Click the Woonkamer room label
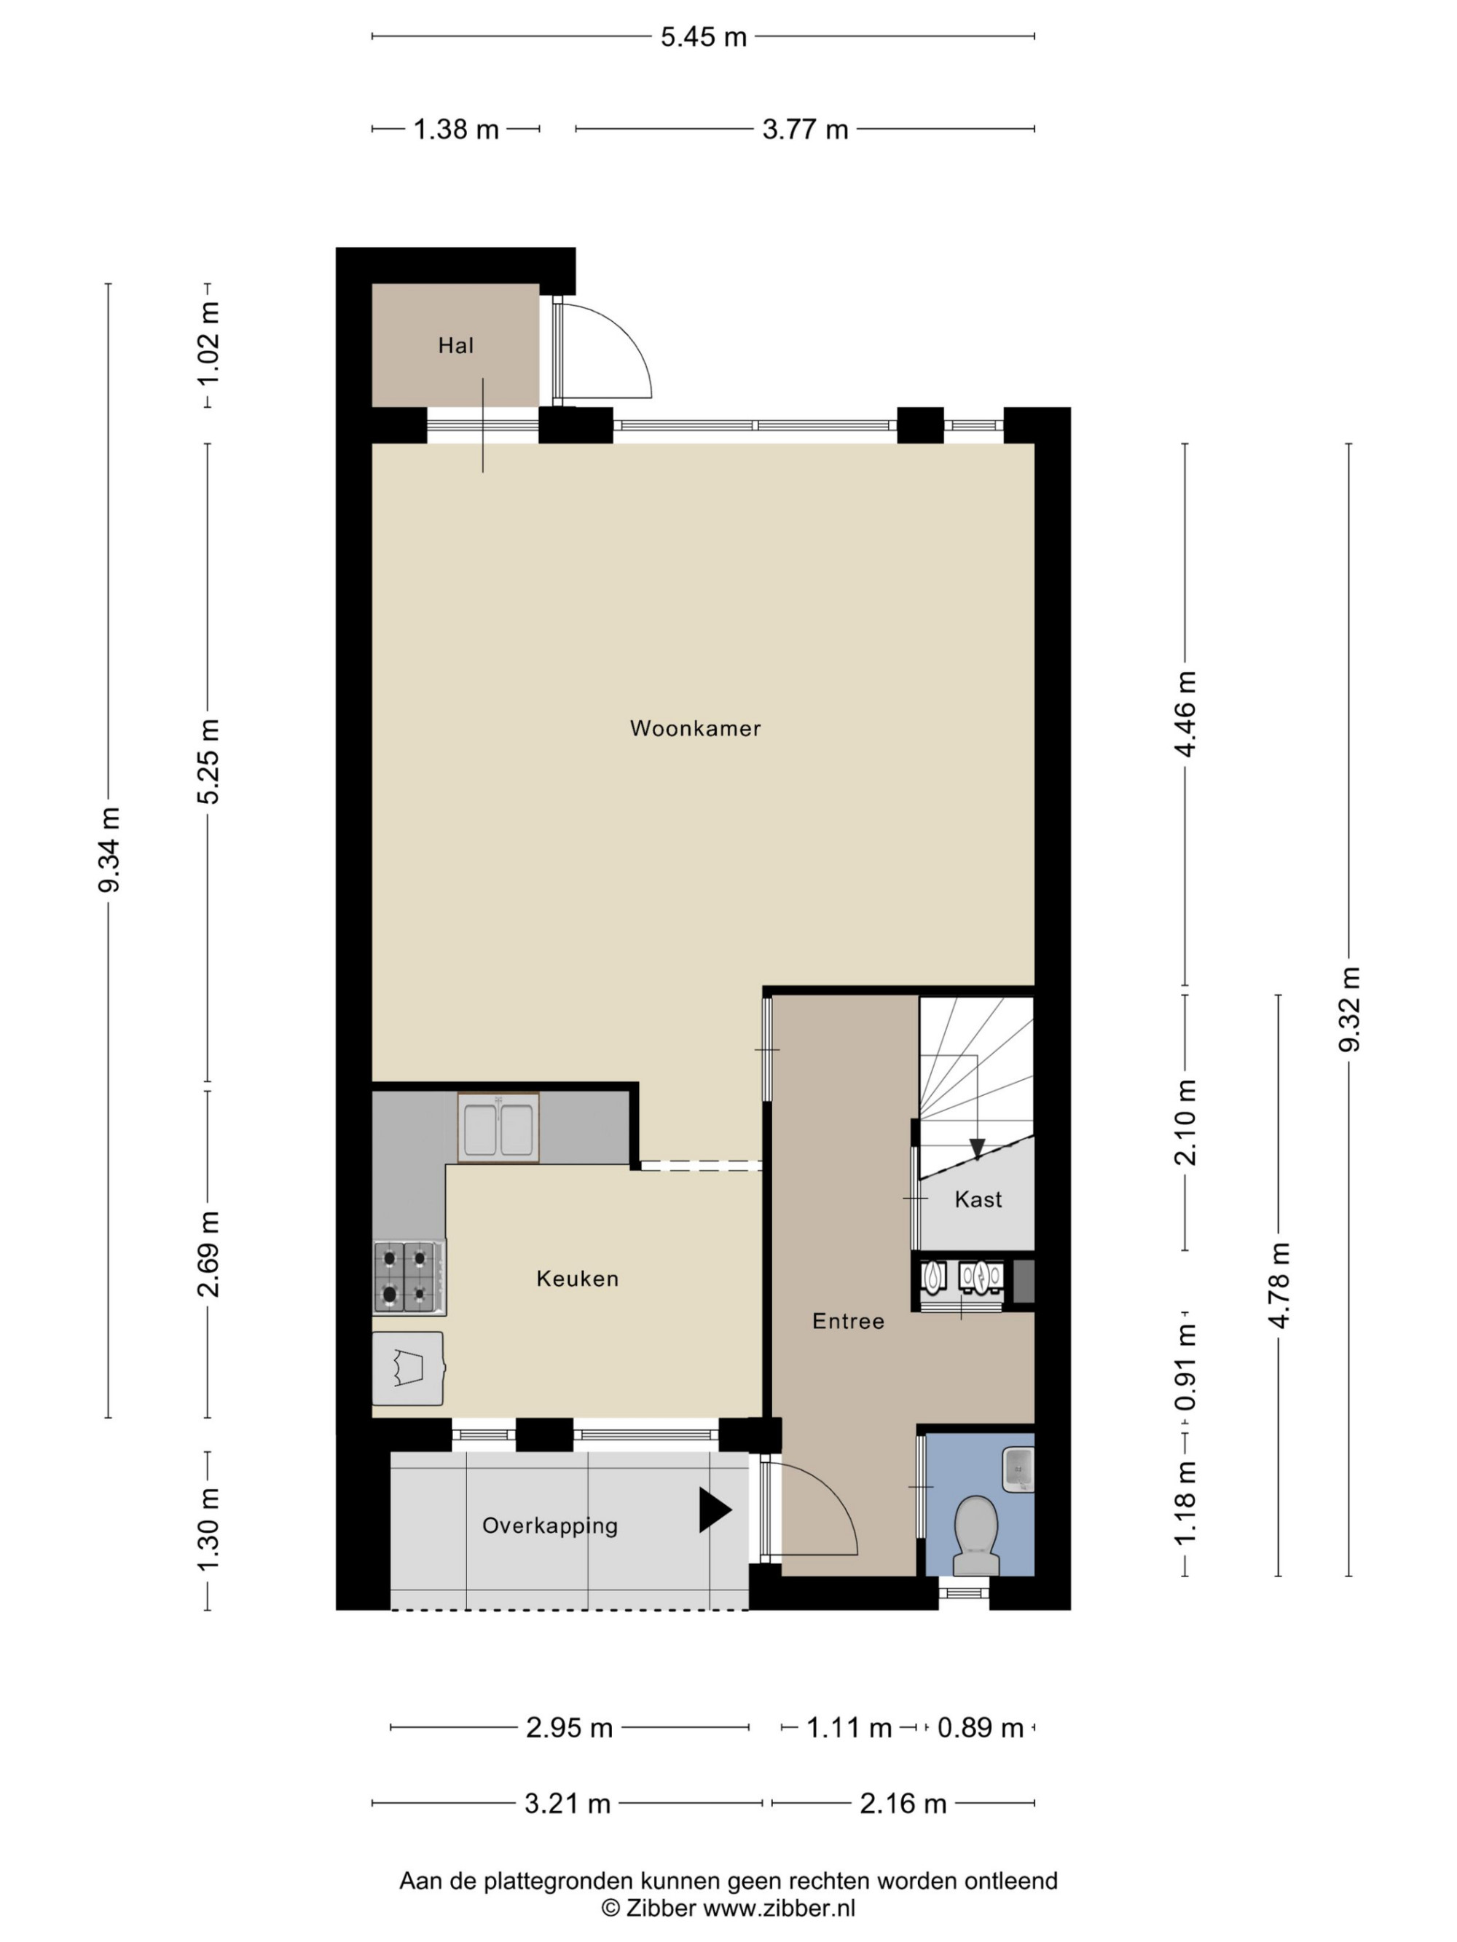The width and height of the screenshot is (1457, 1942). pos(695,728)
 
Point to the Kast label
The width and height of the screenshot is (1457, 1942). pos(978,1199)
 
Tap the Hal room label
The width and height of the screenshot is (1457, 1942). pos(456,346)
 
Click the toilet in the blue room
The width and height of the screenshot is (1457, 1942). pos(975,1536)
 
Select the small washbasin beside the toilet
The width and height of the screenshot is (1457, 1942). pos(1018,1469)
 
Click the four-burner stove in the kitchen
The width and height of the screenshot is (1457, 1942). pos(409,1276)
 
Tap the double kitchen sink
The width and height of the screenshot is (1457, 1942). pos(498,1127)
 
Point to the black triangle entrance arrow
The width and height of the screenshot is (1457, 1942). pos(715,1510)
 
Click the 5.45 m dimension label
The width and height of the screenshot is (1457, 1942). pos(704,37)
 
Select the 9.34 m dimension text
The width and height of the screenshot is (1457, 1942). pos(109,849)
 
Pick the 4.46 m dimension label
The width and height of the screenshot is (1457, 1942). pos(1185,714)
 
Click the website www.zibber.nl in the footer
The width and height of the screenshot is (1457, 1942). pos(779,1908)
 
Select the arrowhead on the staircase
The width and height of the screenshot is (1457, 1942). pos(977,1148)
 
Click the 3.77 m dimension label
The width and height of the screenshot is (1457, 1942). pos(804,130)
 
